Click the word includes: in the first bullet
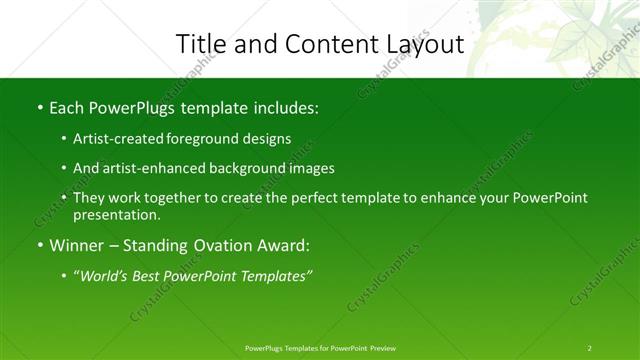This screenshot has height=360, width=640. tap(282, 107)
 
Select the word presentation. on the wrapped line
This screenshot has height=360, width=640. tap(116, 214)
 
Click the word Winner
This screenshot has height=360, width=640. tap(78, 245)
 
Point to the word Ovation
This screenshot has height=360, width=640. tap(225, 245)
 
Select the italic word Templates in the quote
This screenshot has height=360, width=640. tap(273, 275)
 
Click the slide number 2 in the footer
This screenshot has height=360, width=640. tap(590, 348)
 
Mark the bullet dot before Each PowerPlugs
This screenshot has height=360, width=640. tap(39, 107)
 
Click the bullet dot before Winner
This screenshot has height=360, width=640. tap(39, 245)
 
